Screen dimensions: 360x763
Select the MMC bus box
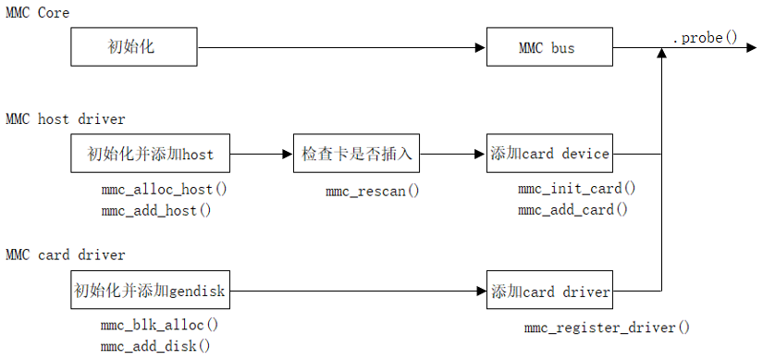[x=549, y=47]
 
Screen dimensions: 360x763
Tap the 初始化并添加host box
[x=151, y=154]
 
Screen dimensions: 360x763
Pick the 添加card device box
[x=549, y=154]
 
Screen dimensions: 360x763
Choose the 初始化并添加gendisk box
[x=151, y=292]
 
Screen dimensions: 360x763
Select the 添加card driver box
[x=549, y=292]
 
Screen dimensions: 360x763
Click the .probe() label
[x=705, y=37]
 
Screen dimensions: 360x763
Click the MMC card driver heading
[x=65, y=254]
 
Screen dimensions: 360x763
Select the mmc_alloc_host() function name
[x=164, y=189]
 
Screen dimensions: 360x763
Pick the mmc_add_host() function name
[x=156, y=210]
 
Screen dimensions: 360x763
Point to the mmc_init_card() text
[x=576, y=189]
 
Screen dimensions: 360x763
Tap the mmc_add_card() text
[x=572, y=210]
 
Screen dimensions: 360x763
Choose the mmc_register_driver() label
[x=607, y=327]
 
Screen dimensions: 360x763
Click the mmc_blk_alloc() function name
[x=160, y=325]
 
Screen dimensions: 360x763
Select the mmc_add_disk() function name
[x=156, y=346]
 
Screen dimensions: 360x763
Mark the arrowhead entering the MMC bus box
[x=480, y=47]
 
